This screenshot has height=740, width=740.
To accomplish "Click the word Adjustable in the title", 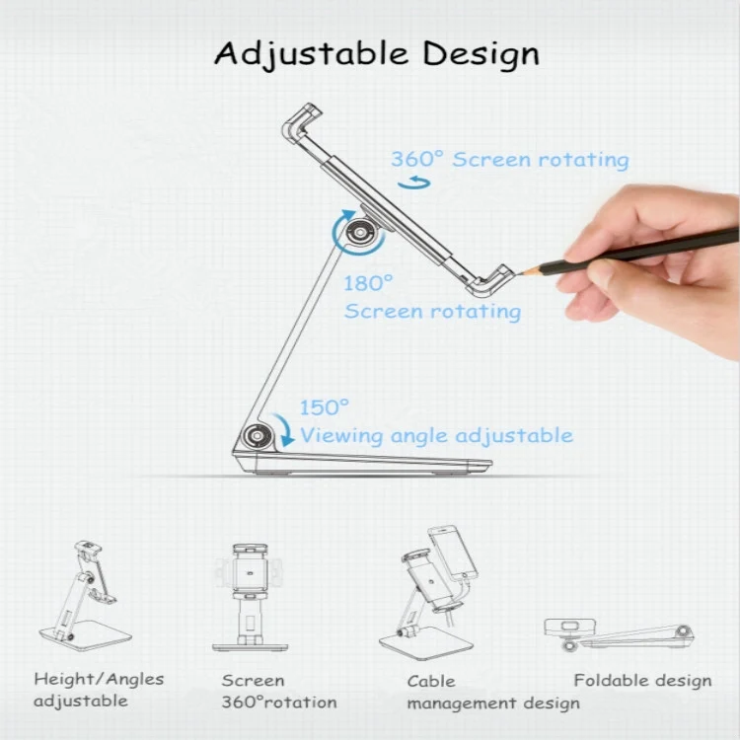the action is (312, 54).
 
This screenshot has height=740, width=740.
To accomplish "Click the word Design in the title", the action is (481, 54).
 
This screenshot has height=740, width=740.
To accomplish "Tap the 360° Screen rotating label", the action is (510, 160).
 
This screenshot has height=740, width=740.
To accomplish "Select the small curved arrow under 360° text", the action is (413, 183).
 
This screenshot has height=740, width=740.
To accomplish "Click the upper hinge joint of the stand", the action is (359, 233).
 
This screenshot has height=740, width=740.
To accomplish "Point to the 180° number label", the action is (368, 283).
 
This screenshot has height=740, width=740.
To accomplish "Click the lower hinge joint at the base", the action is (258, 435).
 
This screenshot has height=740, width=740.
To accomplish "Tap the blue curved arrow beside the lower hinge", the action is (284, 429).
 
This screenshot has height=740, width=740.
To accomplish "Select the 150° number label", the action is (325, 407).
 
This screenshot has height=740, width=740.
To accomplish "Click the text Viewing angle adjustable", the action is (437, 435).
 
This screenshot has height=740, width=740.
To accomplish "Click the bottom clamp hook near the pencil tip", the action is (489, 281).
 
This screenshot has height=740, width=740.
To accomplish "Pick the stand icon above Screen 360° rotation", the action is (251, 598).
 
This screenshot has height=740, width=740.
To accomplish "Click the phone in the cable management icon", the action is (452, 554).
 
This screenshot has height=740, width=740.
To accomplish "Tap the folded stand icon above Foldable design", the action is (620, 633).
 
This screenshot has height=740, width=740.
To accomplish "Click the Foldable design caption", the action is (642, 681).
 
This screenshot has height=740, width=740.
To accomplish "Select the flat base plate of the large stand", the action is (362, 464).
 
